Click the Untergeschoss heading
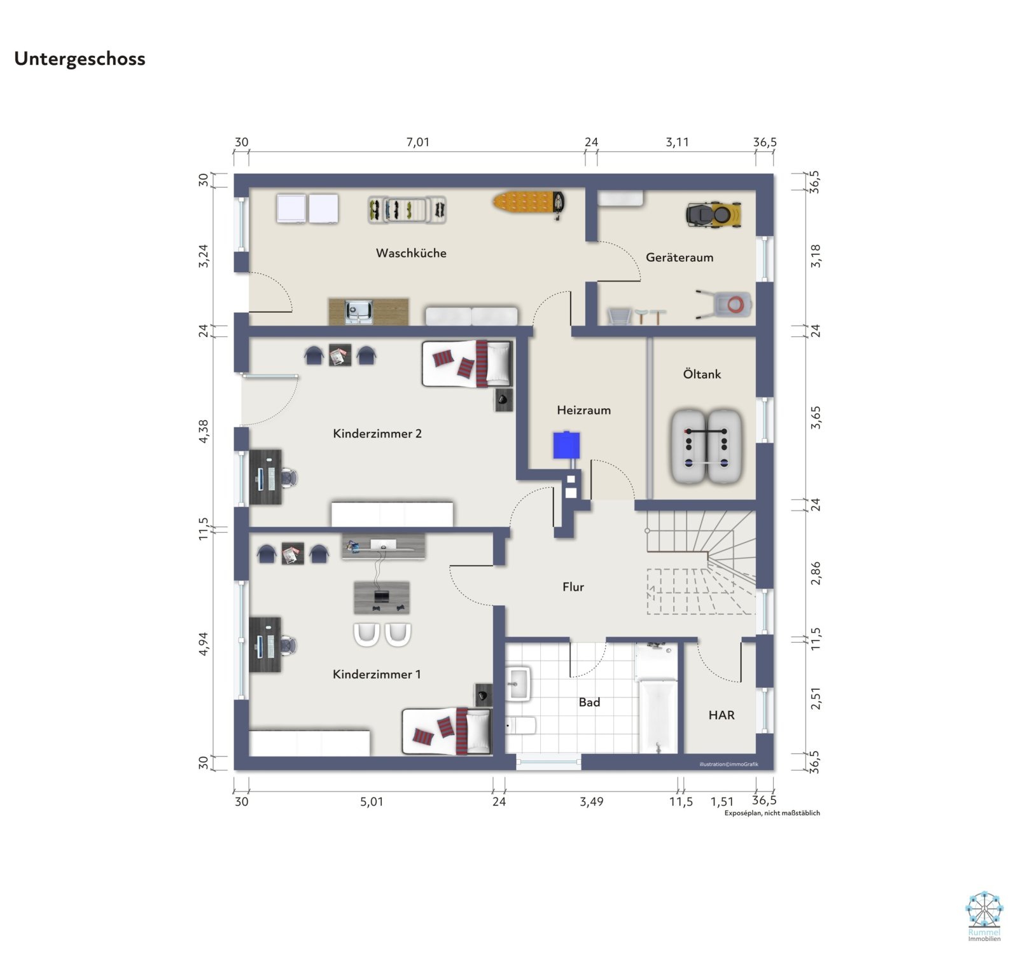[80, 58]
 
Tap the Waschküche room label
[411, 253]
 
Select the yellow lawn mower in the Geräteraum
[714, 214]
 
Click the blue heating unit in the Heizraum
[566, 445]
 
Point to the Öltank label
[702, 374]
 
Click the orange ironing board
[528, 202]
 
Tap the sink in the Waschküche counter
[358, 312]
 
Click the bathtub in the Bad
[658, 715]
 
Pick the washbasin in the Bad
[518, 683]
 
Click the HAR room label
[722, 715]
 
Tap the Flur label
[573, 587]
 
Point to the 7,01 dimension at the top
[417, 142]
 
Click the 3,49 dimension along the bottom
[591, 802]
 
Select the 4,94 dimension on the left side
[203, 644]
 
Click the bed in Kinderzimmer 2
[466, 364]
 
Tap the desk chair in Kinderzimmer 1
[289, 645]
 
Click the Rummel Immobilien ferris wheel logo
[984, 910]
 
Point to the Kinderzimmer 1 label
[377, 674]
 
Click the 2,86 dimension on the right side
[816, 573]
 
